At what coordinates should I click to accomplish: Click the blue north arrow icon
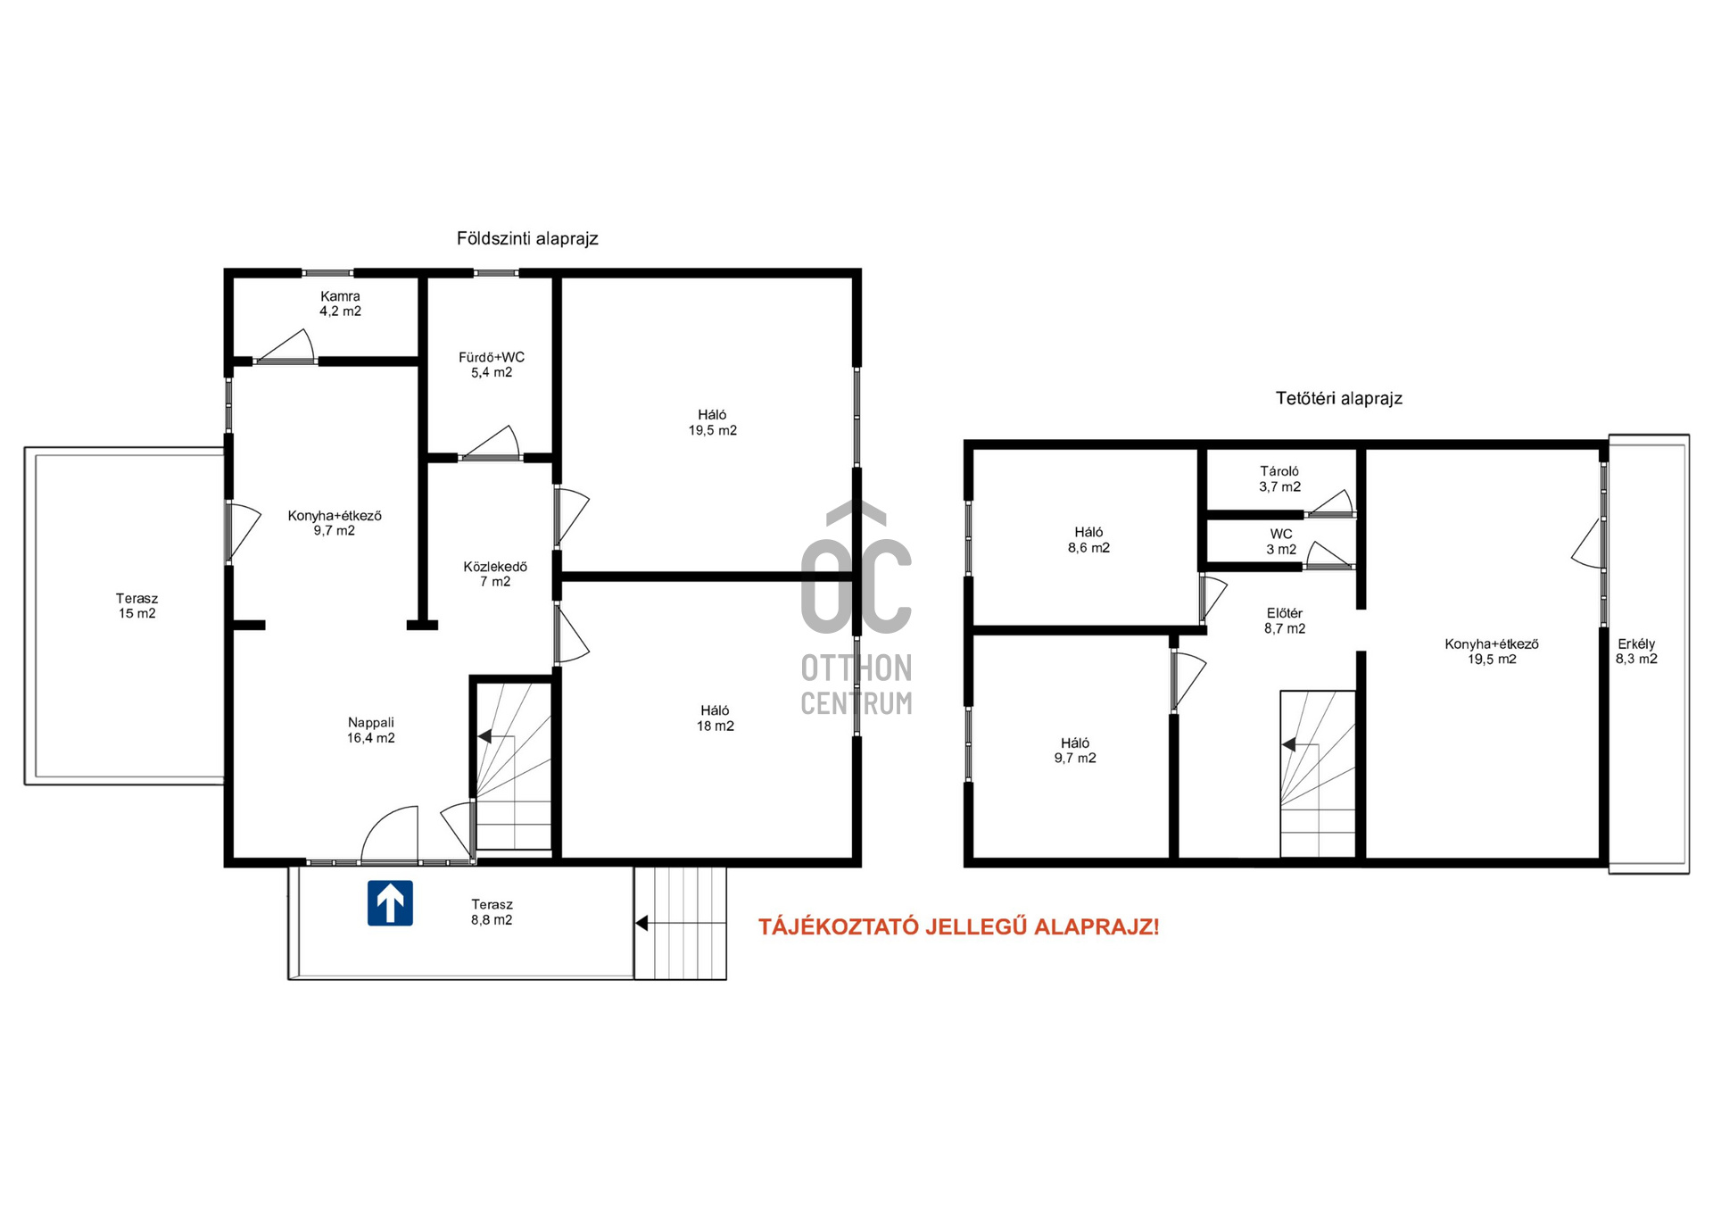390,902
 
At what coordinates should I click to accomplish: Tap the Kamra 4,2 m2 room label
341,303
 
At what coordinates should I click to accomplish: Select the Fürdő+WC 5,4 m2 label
492,365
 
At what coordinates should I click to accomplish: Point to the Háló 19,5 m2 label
713,422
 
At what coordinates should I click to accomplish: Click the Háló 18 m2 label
716,718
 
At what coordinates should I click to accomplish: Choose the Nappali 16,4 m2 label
371,730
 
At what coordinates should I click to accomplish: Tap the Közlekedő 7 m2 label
495,574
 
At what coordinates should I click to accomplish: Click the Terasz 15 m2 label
137,606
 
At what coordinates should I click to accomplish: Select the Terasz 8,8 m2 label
492,912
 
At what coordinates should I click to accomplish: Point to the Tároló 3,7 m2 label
1280,478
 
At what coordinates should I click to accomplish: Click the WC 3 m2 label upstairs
1281,542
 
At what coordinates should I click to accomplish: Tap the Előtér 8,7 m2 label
1285,620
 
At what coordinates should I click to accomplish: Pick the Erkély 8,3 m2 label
1636,652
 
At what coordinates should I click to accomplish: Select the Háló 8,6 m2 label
1089,540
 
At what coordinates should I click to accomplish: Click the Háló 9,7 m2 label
1075,751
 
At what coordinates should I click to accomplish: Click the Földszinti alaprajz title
527,238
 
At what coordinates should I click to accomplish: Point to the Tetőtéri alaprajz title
1339,398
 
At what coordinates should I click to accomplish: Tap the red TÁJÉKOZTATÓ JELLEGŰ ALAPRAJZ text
959,926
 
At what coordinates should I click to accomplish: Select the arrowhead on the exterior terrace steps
641,924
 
